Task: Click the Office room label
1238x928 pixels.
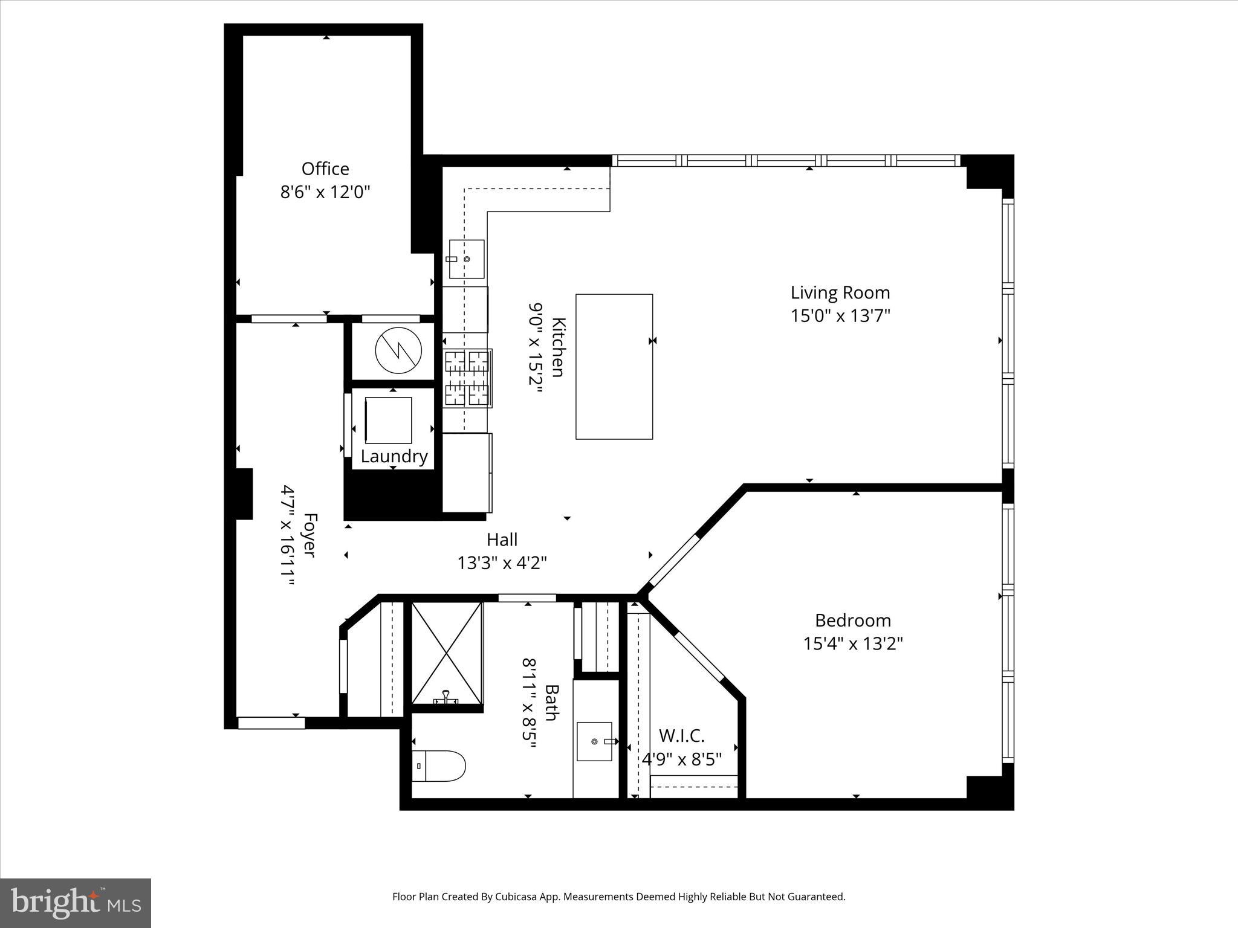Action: [x=325, y=169]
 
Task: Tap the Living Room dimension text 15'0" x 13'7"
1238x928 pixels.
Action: [x=840, y=316]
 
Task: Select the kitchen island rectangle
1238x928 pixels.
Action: [x=614, y=366]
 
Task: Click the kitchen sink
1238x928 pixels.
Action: [x=466, y=259]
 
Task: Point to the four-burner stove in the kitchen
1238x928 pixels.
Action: [x=467, y=378]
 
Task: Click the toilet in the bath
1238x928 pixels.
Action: [x=439, y=766]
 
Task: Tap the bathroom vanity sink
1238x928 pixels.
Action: [x=595, y=741]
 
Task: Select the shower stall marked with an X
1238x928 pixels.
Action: [x=447, y=653]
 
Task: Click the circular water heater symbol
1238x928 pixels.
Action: [x=398, y=352]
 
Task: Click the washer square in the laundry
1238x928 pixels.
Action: [x=389, y=420]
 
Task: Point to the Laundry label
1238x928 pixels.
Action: [x=394, y=456]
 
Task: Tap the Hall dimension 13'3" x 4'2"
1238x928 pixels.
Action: [x=502, y=563]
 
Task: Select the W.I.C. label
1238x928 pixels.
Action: [x=681, y=736]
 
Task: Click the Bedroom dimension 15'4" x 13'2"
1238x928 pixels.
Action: [x=852, y=643]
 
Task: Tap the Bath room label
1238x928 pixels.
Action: [x=551, y=703]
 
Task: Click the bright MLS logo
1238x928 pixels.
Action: [x=76, y=903]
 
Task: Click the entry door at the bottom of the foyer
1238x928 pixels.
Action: [x=271, y=723]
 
